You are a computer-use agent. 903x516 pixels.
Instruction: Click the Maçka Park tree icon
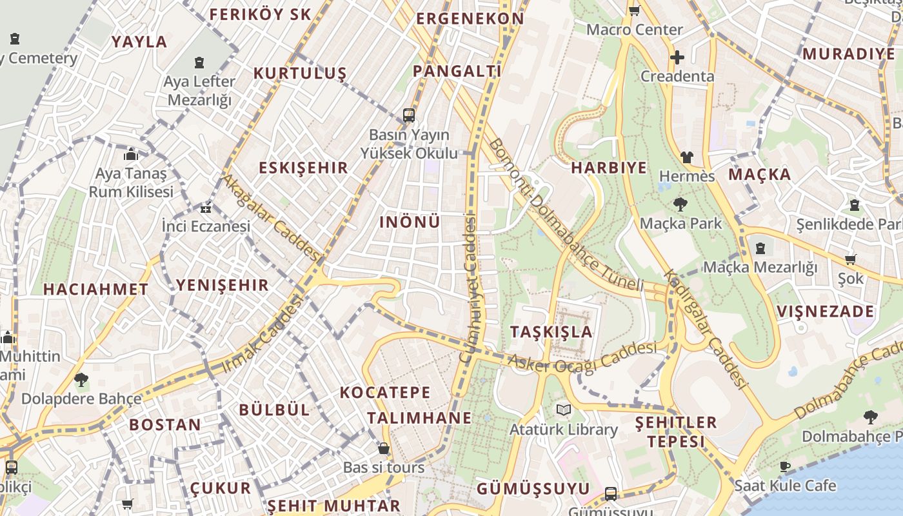pos(680,205)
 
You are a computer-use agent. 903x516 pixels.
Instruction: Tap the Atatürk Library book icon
pos(564,410)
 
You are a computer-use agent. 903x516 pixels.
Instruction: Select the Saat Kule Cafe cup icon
pos(785,466)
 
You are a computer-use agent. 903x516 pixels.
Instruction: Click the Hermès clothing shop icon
pos(686,157)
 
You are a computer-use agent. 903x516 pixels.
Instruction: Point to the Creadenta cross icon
pos(677,57)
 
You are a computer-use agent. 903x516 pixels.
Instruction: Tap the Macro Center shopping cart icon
pos(635,10)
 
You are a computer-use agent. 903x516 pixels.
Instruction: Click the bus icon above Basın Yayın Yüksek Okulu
pos(409,115)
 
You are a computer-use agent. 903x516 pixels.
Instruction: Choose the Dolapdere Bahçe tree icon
pos(81,380)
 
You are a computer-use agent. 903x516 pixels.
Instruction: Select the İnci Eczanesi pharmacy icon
pos(206,208)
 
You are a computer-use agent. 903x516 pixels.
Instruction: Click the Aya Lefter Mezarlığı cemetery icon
pos(199,63)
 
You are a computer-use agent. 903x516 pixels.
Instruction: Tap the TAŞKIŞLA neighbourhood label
pos(551,332)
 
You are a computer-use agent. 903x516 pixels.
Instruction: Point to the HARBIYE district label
pos(609,168)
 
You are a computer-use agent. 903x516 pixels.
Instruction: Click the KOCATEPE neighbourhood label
pos(385,392)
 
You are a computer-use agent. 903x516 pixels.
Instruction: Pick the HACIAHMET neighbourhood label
pos(95,290)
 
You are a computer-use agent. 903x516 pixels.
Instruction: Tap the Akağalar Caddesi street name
pos(271,217)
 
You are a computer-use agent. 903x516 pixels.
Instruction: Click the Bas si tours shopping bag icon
pos(384,448)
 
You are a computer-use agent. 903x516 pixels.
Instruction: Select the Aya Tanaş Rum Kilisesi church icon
pos(131,155)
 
